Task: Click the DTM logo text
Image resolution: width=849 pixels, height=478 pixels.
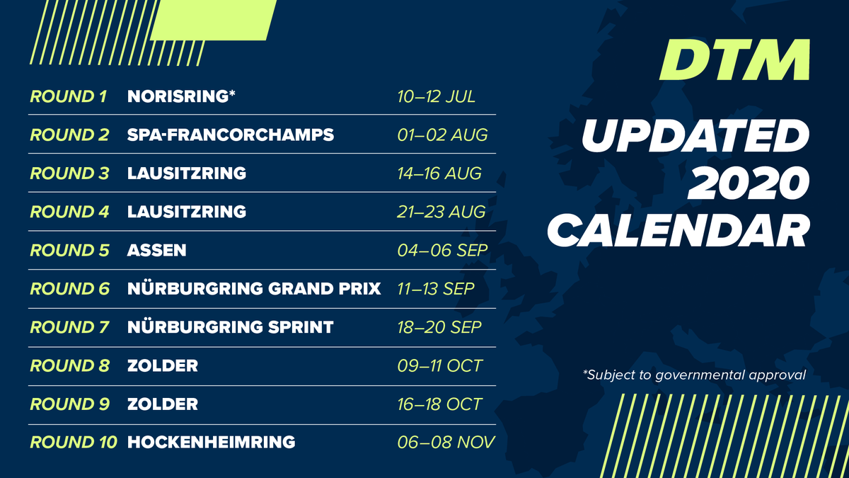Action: coord(734,60)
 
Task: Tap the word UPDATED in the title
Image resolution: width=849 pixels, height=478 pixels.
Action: coord(694,137)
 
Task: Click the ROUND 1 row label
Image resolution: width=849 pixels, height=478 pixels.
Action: coord(68,96)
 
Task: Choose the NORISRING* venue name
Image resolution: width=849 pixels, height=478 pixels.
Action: coord(181,96)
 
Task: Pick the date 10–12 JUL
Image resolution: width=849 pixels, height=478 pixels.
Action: coord(436,96)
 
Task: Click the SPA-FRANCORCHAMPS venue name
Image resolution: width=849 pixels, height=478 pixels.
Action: coord(230,135)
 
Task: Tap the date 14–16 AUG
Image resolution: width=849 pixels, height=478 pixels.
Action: coord(439,173)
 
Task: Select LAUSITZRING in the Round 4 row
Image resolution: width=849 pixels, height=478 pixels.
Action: coord(187,212)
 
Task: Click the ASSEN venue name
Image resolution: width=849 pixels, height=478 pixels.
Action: coord(156,250)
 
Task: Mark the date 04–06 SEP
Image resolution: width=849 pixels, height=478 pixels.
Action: coord(441,250)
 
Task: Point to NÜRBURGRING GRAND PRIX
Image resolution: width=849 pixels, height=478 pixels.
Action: coord(254,289)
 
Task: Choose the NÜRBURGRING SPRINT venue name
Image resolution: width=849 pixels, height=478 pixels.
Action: coord(230,327)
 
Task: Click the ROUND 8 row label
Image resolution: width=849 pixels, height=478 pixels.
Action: coord(69,366)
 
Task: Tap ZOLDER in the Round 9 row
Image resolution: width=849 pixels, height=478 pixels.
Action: coord(163,404)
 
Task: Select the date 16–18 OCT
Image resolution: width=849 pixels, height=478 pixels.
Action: coord(439,404)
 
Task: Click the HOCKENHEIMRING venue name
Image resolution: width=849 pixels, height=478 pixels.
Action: coord(211,443)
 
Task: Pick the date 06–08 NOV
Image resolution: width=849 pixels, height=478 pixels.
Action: coord(445,443)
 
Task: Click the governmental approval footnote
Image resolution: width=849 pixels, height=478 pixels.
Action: coord(695,375)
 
